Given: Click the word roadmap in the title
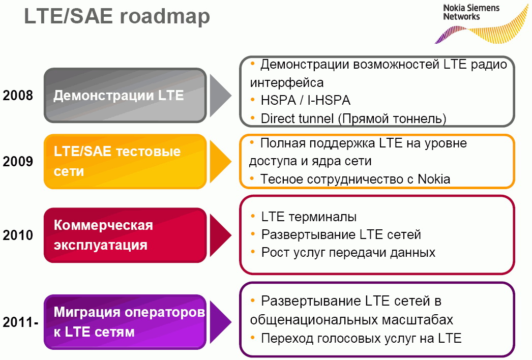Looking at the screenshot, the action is (x=165, y=17).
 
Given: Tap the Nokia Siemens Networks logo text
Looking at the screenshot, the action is (x=471, y=12).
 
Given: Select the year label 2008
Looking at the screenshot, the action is (x=18, y=96).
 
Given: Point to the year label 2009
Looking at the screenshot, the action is (x=18, y=162).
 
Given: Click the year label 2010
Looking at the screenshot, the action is (x=18, y=235).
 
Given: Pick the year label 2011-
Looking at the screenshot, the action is (x=20, y=322).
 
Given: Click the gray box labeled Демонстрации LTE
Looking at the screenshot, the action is (x=125, y=96).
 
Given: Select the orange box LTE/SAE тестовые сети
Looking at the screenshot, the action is (x=125, y=162).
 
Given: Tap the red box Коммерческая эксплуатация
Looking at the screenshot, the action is (x=125, y=235).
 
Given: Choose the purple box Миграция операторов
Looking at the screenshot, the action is (x=125, y=322).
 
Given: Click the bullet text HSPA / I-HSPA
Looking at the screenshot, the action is (x=305, y=101).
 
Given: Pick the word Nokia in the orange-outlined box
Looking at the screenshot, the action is (x=434, y=179).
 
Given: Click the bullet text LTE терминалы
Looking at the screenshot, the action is (x=309, y=217).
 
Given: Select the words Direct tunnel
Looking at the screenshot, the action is (x=297, y=119).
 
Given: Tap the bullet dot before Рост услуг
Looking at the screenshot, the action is (x=253, y=252).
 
